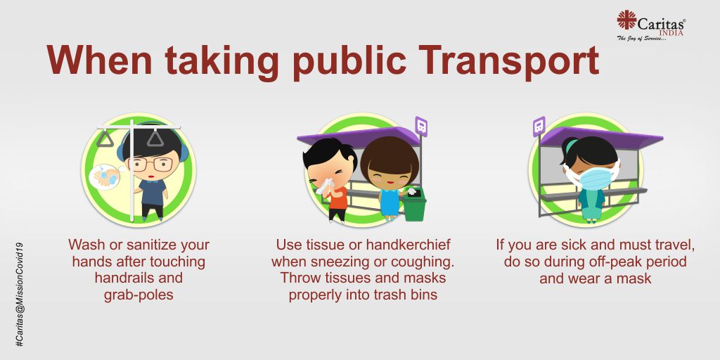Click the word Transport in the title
(508, 61)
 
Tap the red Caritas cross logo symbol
(626, 20)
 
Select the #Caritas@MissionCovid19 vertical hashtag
(19, 295)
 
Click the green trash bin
(414, 206)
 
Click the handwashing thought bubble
(105, 176)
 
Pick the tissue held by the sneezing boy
(325, 186)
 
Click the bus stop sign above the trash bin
(421, 127)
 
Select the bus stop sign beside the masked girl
(539, 127)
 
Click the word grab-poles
(139, 295)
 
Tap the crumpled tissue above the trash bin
(411, 191)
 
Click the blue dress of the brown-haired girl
(390, 202)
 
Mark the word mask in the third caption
(635, 278)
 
